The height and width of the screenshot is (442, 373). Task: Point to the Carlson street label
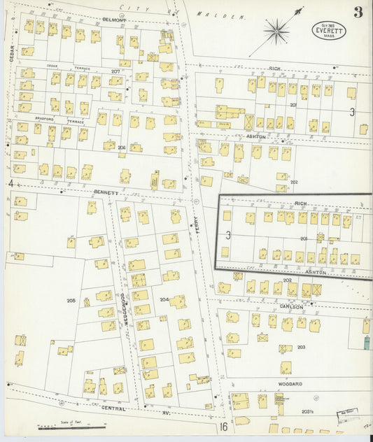tap(292, 307)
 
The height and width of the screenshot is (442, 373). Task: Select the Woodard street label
tap(289, 384)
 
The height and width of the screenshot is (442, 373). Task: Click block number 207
tap(115, 71)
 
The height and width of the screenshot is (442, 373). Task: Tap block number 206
tap(121, 148)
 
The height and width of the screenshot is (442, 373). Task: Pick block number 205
tap(71, 300)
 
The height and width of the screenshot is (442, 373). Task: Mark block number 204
tap(164, 300)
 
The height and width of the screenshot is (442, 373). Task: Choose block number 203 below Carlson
tap(301, 347)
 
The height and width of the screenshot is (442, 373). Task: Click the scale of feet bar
tap(63, 425)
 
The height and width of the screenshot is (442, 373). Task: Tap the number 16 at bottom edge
tap(223, 426)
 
